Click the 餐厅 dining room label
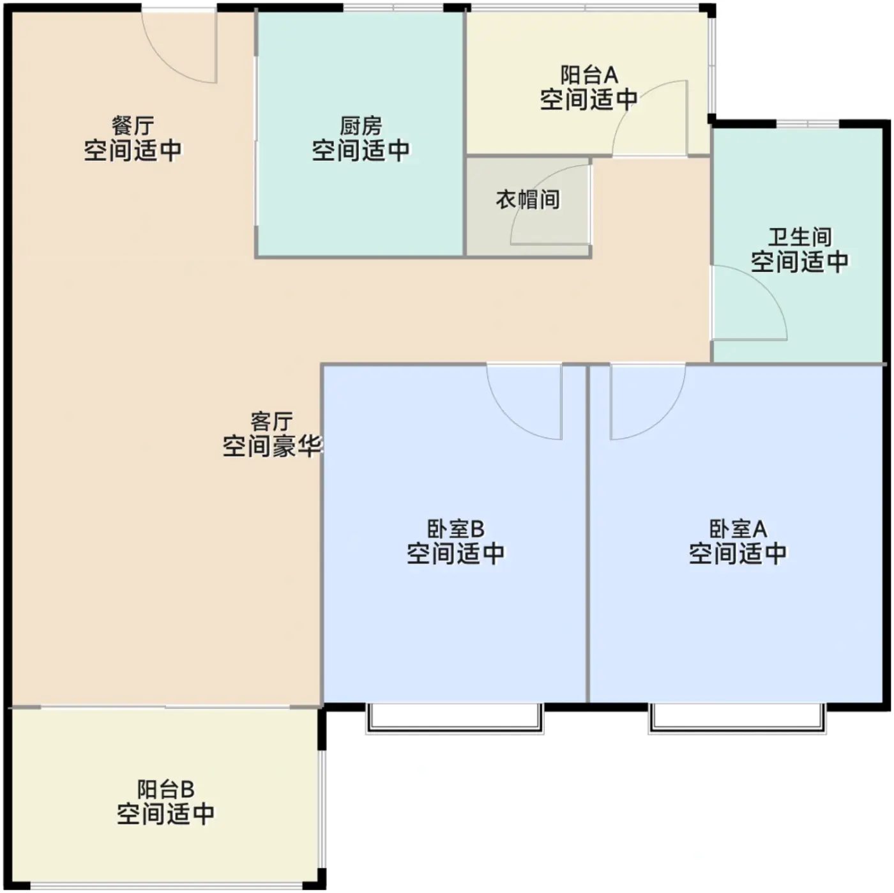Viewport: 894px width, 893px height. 133,126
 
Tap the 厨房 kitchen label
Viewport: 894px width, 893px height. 361,126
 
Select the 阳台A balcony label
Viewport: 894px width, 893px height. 589,75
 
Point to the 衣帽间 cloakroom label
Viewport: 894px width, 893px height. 528,199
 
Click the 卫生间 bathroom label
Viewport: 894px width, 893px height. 800,237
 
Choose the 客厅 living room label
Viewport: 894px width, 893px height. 272,422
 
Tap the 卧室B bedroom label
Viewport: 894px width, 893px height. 455,529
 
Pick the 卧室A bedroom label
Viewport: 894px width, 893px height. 738,529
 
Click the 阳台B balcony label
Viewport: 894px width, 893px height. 165,789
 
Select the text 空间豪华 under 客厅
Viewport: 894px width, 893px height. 272,446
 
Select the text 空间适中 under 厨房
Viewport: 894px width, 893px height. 361,150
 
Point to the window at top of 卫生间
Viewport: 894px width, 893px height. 808,124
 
